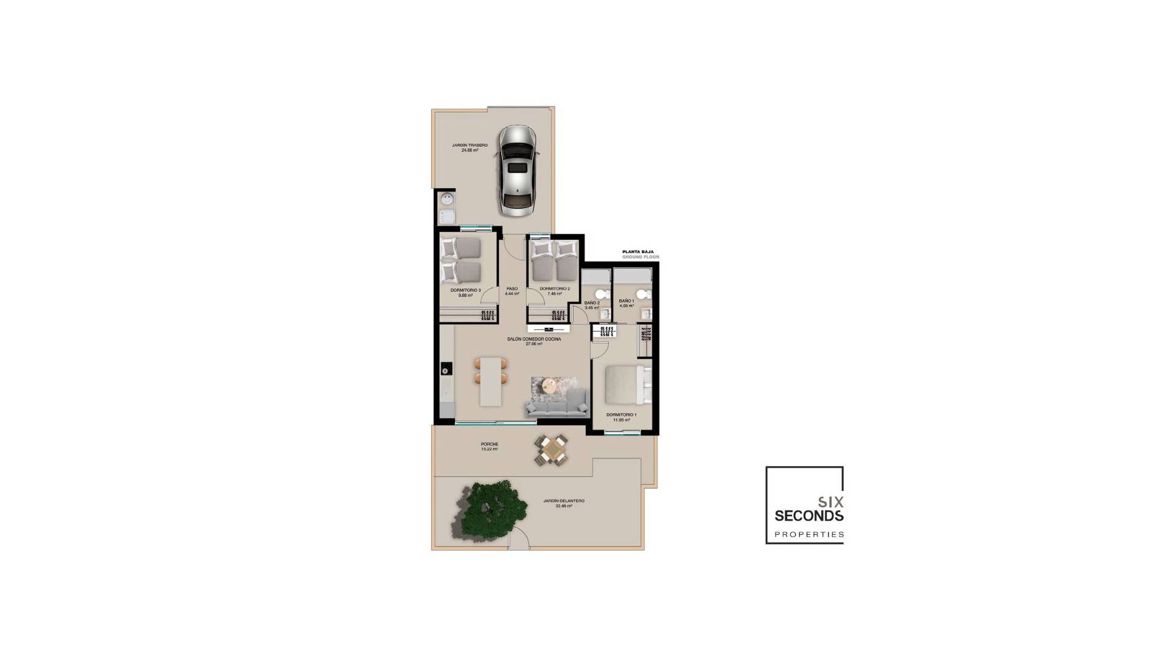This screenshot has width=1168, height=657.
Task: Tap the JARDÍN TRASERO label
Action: (470, 147)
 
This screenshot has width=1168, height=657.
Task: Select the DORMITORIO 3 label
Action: (465, 293)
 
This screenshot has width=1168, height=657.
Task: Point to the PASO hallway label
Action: (512, 291)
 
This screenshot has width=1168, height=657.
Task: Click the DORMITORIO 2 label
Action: (554, 291)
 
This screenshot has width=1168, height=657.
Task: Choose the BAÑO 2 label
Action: (592, 305)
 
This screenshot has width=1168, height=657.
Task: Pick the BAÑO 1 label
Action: (627, 303)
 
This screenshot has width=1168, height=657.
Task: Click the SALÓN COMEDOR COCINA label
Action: (534, 341)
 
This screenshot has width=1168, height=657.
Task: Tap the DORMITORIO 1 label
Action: (621, 417)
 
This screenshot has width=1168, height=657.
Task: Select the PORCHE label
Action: (489, 447)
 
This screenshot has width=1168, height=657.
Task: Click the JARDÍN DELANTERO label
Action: (563, 503)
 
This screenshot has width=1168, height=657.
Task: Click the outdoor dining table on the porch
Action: (552, 450)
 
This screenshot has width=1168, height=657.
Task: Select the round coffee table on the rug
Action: (549, 384)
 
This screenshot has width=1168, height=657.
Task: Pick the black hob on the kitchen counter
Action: (445, 369)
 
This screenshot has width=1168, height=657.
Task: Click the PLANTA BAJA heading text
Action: (638, 251)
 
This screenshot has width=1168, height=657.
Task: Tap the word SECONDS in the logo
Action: (808, 516)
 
